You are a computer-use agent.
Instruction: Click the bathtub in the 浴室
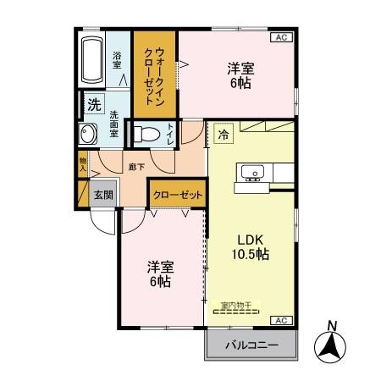pos(91,59)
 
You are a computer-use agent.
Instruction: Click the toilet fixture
pos(145,134)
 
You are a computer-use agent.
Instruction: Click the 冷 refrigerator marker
pos(224,133)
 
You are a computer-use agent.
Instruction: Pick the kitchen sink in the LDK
pos(251,174)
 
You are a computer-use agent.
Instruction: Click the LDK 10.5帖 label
pos(251,246)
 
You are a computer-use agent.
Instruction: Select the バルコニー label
pos(251,345)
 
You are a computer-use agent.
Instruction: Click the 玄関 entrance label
pos(102,192)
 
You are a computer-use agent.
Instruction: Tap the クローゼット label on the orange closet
pos(177,194)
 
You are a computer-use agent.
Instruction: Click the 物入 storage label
pos(83,163)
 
